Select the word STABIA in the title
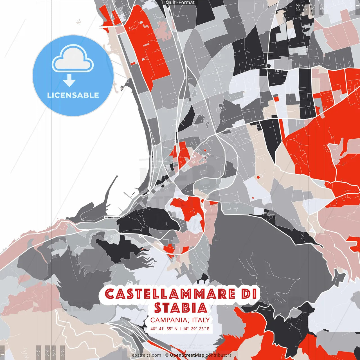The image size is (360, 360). (x=180, y=308)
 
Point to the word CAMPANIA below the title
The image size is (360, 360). (x=170, y=320)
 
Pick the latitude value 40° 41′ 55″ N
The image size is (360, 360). (x=164, y=328)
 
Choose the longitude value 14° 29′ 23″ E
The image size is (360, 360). (x=196, y=328)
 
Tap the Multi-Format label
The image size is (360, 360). (x=180, y=3)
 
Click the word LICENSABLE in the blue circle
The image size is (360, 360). (x=73, y=95)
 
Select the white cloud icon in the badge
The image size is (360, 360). (x=73, y=58)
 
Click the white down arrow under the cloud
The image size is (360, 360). (x=69, y=81)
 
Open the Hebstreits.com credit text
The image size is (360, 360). (x=145, y=355)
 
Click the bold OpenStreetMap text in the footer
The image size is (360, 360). (x=187, y=355)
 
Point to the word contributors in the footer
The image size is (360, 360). (x=219, y=355)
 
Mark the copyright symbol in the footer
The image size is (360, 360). (x=166, y=355)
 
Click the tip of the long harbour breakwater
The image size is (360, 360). (x=117, y=176)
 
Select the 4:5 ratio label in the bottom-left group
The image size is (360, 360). (x=39, y=352)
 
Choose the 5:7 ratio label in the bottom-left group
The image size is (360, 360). (x=54, y=352)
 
